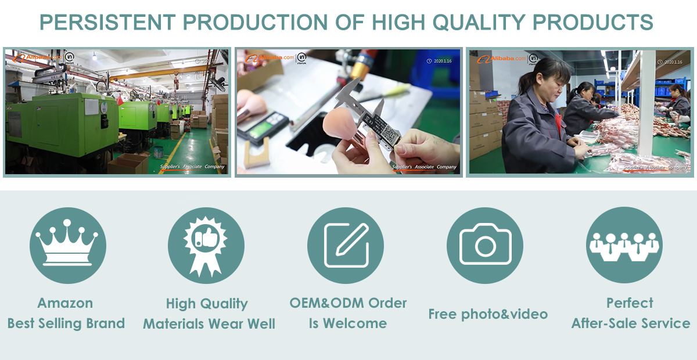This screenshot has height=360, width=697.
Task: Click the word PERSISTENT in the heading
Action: coord(107,22)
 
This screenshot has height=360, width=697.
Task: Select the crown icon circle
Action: coord(67,245)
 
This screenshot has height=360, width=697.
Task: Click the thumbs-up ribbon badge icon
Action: coord(206,245)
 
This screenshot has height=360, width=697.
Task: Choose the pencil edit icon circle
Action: coord(346,245)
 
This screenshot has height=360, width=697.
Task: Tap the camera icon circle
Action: coord(485,245)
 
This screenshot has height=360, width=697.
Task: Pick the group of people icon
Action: coord(624,245)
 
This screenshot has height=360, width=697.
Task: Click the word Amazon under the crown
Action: coord(65,303)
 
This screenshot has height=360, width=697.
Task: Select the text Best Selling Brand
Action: coord(66,323)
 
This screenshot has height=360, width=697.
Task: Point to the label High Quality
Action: coord(207,304)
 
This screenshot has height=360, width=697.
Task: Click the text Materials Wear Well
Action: coord(209,324)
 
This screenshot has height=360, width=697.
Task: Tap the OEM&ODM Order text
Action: coord(348,303)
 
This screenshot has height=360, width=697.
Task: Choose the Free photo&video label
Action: coord(488,314)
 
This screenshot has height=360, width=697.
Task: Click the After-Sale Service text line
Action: coord(631,323)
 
